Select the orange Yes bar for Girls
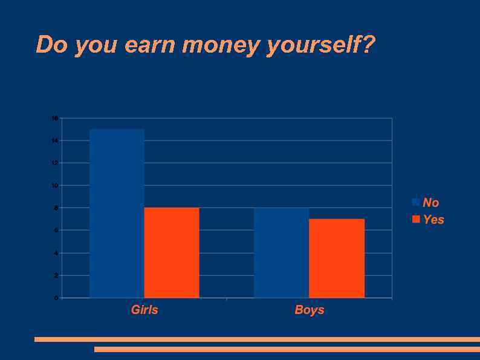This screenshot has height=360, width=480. [x=172, y=252]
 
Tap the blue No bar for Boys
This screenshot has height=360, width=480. [x=281, y=252]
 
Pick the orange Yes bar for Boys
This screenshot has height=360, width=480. [x=337, y=258]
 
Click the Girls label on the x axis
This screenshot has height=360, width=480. [x=144, y=310]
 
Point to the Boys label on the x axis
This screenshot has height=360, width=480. [x=310, y=310]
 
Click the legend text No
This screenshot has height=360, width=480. [x=431, y=203]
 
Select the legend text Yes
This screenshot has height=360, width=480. [x=433, y=220]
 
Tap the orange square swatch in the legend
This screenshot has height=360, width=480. [x=416, y=219]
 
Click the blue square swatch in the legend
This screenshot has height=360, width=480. [x=416, y=202]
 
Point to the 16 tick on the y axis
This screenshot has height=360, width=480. [x=55, y=119]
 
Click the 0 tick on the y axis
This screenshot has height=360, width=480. [x=56, y=298]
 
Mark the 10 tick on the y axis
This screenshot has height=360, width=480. [x=55, y=186]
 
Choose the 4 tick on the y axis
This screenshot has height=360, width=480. [x=56, y=253]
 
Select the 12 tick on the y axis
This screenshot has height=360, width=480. [x=55, y=163]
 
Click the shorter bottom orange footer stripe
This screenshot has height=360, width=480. [x=287, y=349]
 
